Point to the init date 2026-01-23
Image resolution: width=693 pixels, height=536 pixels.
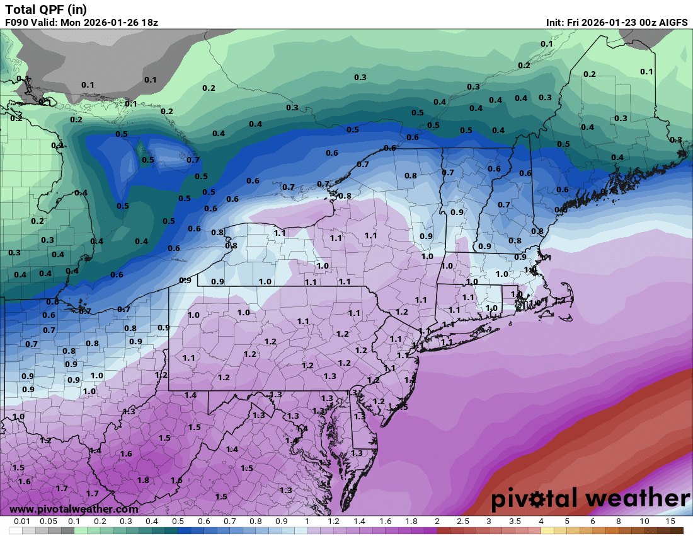tap(613, 22)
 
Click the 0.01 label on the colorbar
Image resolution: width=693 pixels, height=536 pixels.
tap(22, 521)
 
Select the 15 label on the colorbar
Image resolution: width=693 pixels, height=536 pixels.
tap(670, 521)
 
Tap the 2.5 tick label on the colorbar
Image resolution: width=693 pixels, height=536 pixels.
tap(463, 521)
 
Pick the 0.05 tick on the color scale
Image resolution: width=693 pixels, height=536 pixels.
tap(48, 521)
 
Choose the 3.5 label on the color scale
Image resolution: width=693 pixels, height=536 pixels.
tap(515, 521)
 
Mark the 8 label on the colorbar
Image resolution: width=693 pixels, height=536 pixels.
tap(618, 521)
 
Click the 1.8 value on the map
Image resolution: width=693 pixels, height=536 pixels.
tap(143, 480)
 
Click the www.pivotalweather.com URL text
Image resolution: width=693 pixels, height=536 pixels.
tap(74, 509)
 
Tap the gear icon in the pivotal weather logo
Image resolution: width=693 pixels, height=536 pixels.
tap(539, 499)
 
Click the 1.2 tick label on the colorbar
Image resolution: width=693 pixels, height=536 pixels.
tap(333, 521)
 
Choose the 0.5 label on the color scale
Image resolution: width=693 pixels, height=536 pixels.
tap(178, 521)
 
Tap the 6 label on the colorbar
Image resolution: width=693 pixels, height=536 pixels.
tap(592, 521)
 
